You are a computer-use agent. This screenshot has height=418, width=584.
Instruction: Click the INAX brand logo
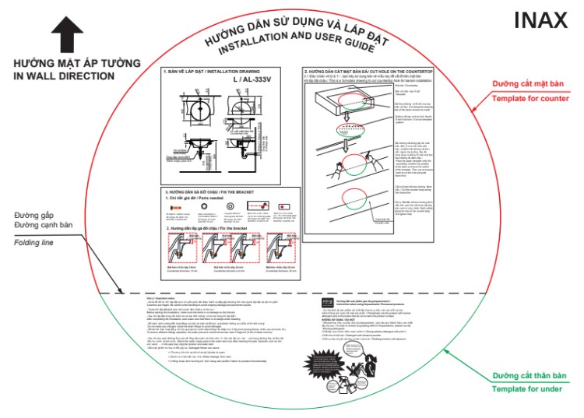540,21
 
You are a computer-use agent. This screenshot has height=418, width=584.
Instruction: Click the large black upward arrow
67,35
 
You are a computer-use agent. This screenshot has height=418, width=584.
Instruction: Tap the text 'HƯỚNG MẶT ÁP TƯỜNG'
76,63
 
